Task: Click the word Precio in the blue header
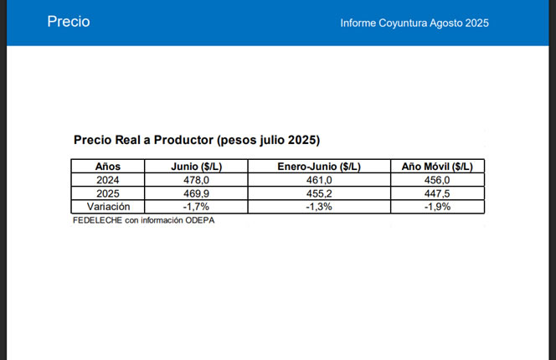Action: click(x=68, y=22)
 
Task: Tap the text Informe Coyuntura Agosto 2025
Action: click(x=414, y=23)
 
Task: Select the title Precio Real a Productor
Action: click(x=197, y=139)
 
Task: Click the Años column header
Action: click(x=108, y=166)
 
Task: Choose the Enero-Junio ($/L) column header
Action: click(x=319, y=166)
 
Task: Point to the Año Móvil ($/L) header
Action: click(x=437, y=166)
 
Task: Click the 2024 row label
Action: click(x=108, y=180)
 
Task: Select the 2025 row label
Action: click(x=108, y=193)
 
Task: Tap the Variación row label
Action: click(x=108, y=207)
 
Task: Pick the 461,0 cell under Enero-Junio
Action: click(x=319, y=180)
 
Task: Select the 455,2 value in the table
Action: click(x=319, y=193)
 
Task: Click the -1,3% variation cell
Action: click(x=319, y=207)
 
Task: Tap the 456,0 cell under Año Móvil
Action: click(x=437, y=180)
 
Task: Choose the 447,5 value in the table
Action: click(x=437, y=193)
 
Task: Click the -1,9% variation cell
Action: click(x=437, y=207)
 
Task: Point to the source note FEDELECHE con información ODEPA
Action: click(x=138, y=220)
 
